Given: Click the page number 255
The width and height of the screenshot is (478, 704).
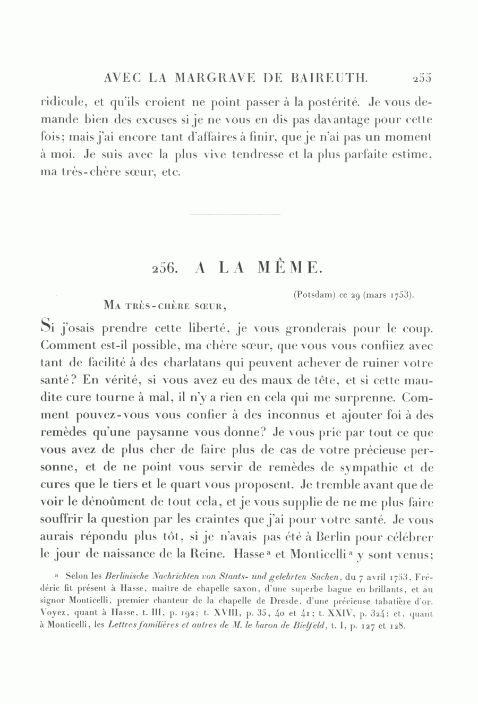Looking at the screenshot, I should point(422,78).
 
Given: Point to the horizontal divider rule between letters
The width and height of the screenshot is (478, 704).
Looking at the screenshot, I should point(235,214).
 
